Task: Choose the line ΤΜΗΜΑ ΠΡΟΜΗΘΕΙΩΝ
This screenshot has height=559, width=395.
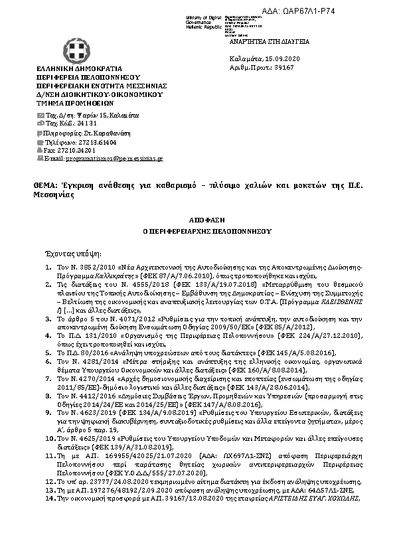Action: (x=76, y=103)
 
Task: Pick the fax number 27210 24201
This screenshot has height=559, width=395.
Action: (x=93, y=151)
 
